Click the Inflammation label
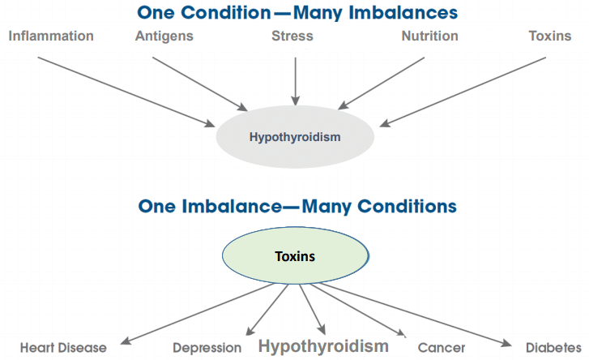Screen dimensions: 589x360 [51, 36]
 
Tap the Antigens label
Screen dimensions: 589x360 [164, 36]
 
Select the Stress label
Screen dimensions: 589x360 [292, 36]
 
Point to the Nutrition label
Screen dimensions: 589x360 [429, 36]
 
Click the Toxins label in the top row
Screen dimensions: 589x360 [550, 36]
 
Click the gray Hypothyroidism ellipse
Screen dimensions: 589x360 [295, 137]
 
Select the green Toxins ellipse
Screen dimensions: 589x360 [295, 255]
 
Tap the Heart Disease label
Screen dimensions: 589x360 [63, 348]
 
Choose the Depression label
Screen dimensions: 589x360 [207, 348]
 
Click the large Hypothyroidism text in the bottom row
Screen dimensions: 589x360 [323, 346]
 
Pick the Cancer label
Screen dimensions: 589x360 [442, 348]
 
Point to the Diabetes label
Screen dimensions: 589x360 [553, 348]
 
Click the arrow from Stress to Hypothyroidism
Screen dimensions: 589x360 [296, 81]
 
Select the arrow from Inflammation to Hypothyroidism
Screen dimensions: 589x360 [126, 92]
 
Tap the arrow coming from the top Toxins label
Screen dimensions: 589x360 [463, 92]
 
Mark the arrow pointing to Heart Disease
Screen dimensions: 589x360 [198, 314]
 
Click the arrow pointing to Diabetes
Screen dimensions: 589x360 [416, 314]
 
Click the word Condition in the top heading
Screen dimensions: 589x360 [226, 13]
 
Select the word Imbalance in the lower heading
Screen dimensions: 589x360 [232, 206]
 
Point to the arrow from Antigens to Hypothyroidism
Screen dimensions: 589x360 [200, 84]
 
